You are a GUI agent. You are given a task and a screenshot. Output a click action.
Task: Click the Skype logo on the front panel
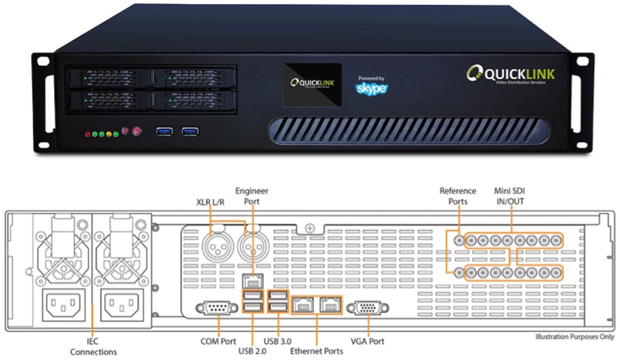tap(371, 88)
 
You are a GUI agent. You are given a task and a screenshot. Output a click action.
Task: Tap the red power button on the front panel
tap(136, 130)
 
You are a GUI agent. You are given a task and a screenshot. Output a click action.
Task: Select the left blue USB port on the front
tap(165, 130)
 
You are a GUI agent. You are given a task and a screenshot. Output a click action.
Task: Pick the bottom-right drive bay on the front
tap(193, 99)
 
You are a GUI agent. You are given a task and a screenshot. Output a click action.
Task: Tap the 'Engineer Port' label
tap(251, 196)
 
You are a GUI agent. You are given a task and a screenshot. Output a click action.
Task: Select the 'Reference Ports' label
tap(458, 196)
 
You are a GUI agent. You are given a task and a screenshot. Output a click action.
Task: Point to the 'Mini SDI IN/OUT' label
tap(510, 196)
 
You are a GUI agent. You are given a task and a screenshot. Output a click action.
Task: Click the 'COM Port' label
tap(218, 341)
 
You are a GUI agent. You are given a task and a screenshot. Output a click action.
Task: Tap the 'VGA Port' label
tap(368, 341)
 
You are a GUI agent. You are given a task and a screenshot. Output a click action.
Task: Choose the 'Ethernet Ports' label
tap(317, 351)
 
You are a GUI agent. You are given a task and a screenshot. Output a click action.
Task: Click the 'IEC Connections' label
tap(93, 347)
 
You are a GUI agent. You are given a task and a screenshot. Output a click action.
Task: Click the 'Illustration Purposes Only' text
tap(575, 337)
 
